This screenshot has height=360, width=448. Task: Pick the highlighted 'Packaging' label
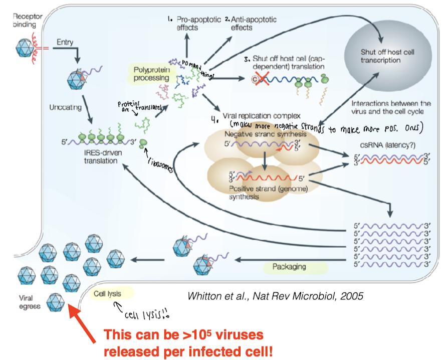289,267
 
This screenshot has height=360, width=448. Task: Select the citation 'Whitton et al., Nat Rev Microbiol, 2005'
275,296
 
